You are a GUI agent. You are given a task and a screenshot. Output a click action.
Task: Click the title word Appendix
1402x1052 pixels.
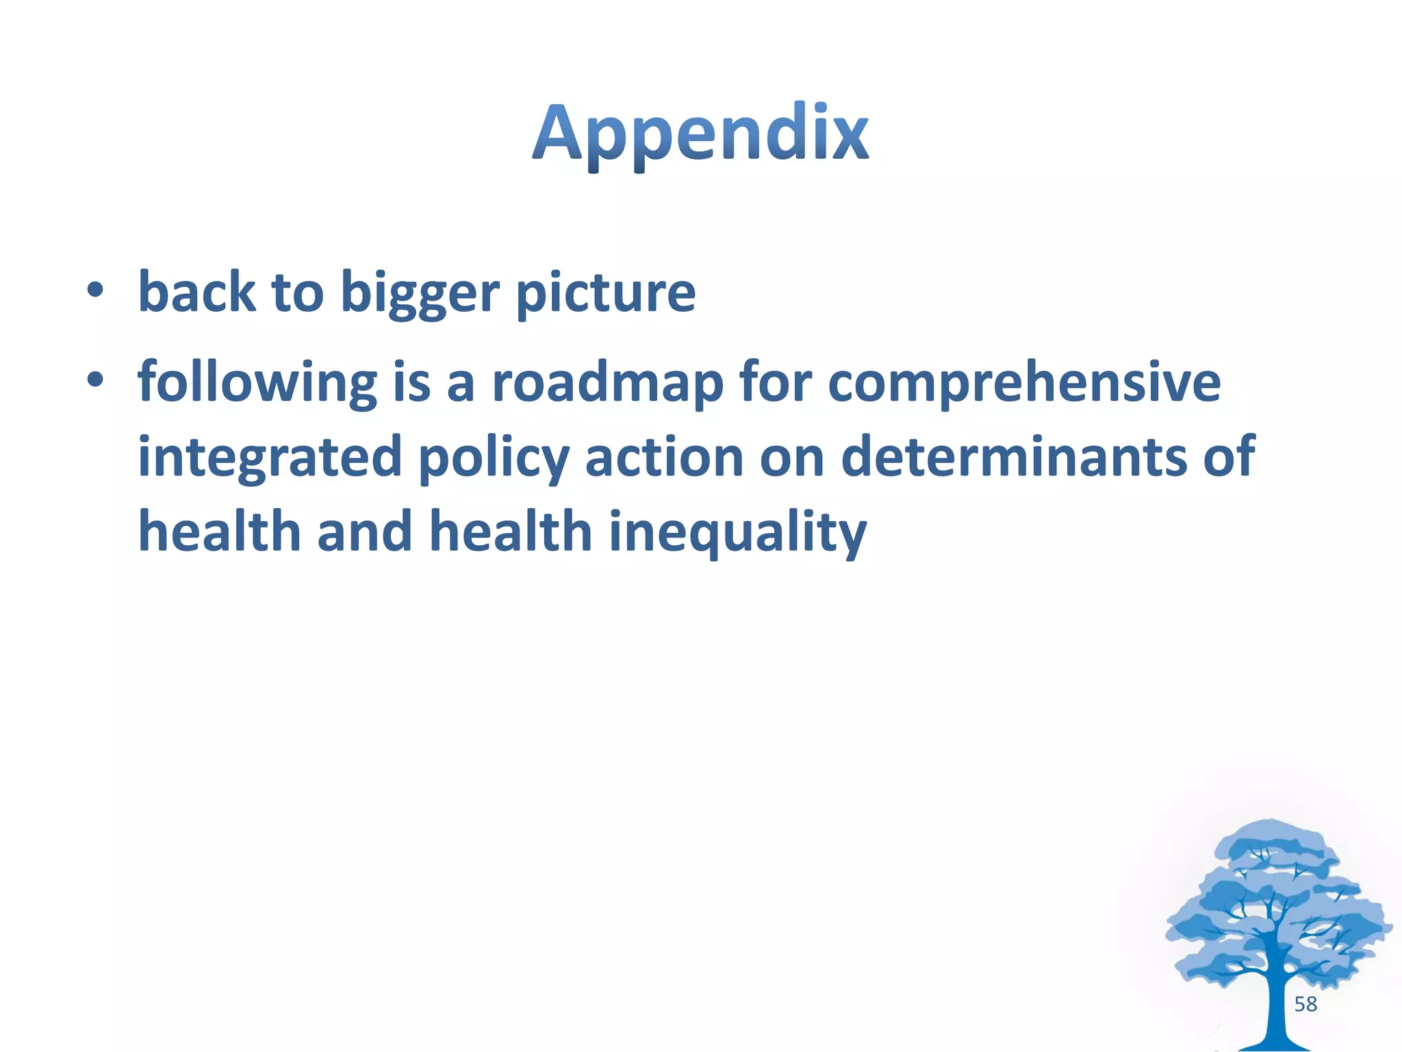[x=700, y=134]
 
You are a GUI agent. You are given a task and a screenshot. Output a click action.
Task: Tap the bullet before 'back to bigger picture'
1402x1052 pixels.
[x=95, y=290]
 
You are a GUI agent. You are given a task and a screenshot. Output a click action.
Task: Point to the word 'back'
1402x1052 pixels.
[x=197, y=291]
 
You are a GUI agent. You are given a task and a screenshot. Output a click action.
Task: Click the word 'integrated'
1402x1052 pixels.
[x=270, y=458]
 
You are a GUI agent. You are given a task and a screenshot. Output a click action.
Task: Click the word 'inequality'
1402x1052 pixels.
[x=737, y=533]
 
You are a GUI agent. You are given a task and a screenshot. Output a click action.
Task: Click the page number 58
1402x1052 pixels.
[x=1305, y=1004]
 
